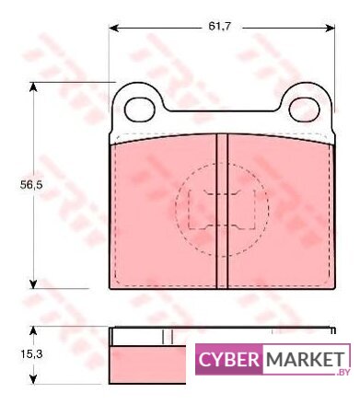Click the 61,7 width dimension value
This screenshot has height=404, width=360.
(219, 27)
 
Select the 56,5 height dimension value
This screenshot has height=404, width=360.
(31, 185)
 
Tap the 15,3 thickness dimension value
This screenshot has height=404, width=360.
(31, 354)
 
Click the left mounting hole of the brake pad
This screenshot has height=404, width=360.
(140, 110)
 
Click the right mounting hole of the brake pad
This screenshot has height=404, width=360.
(305, 110)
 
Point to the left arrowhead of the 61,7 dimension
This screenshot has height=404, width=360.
(114, 29)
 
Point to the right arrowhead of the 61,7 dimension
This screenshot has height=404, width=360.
(330, 29)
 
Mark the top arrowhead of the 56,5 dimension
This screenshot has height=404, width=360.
(33, 87)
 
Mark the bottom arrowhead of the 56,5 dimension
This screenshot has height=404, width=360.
(33, 283)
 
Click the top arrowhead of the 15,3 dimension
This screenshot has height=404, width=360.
(33, 331)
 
